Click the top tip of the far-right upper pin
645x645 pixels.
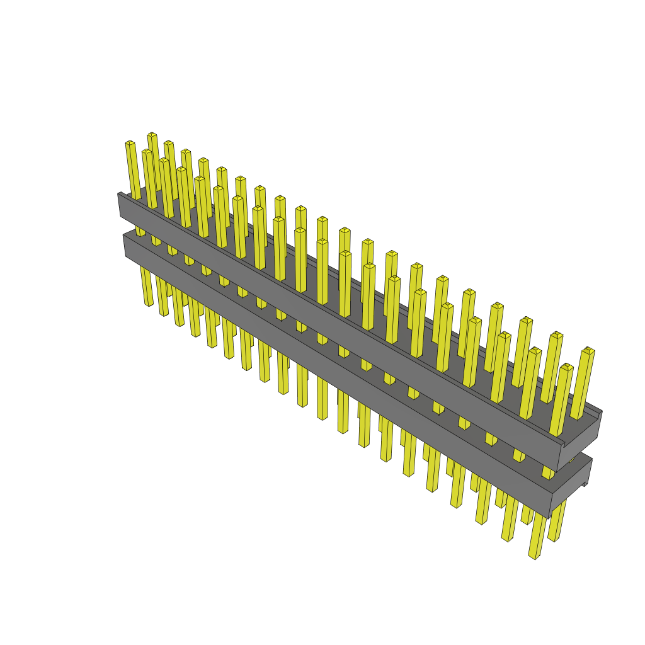click(x=588, y=350)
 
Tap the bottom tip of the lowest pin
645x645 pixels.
click(x=535, y=557)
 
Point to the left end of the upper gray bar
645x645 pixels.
click(x=120, y=205)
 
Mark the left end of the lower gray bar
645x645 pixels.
click(x=125, y=246)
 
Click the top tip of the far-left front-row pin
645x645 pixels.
click(x=130, y=144)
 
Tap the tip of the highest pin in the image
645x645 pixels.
click(x=152, y=135)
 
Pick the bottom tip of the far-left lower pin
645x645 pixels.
click(x=149, y=305)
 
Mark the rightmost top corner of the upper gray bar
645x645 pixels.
click(x=602, y=411)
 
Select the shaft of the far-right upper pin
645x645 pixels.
click(x=583, y=384)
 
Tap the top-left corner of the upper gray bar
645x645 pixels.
click(x=119, y=194)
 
